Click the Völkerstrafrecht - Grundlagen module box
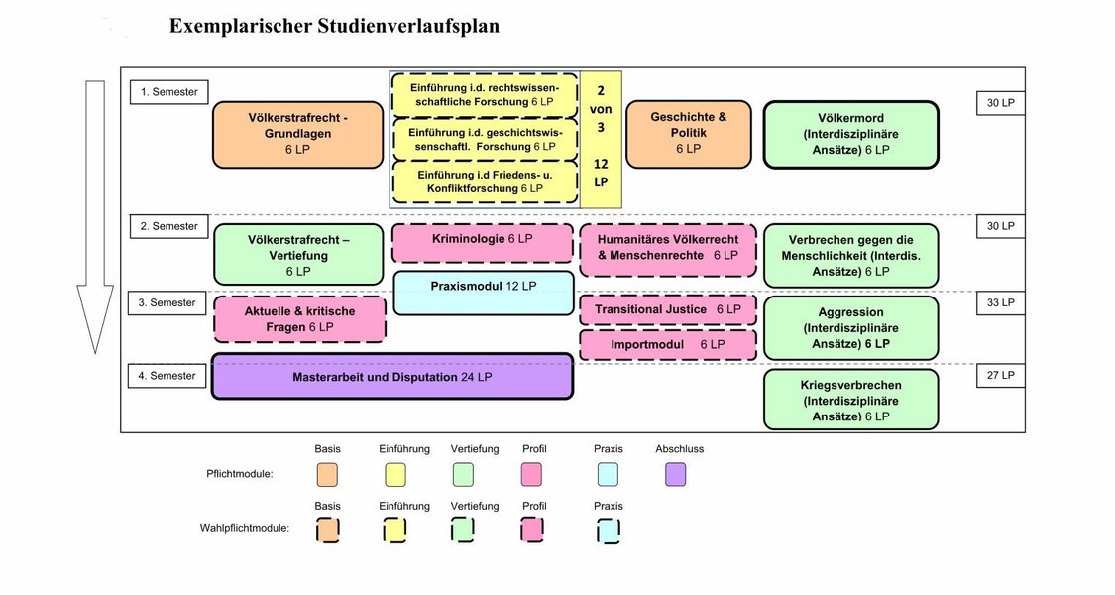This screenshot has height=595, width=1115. tap(298, 135)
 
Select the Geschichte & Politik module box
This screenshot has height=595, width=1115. tap(689, 134)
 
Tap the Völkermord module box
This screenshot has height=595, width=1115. tap(851, 135)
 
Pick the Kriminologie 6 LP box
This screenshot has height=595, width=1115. tap(483, 243)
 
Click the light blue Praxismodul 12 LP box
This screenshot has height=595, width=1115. tap(483, 293)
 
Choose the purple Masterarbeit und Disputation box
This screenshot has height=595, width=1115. tap(392, 376)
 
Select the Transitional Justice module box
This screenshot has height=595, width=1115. tap(668, 309)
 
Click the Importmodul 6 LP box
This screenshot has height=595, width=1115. tap(668, 344)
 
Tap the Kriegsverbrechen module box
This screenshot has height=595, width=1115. tap(851, 400)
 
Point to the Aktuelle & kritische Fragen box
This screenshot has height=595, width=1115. tap(299, 319)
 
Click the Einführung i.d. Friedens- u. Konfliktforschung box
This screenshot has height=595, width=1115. tap(485, 181)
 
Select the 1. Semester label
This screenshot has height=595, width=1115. tap(169, 92)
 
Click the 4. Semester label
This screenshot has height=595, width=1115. tap(167, 375)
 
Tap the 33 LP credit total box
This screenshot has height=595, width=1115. tap(1000, 302)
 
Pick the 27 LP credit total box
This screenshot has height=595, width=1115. tap(1000, 375)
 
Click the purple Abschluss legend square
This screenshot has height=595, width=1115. tap(676, 474)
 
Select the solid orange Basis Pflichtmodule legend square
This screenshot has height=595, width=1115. tap(327, 474)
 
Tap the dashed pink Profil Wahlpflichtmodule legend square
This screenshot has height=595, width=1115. tap(532, 531)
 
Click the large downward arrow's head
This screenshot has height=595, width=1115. tap(95, 319)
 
